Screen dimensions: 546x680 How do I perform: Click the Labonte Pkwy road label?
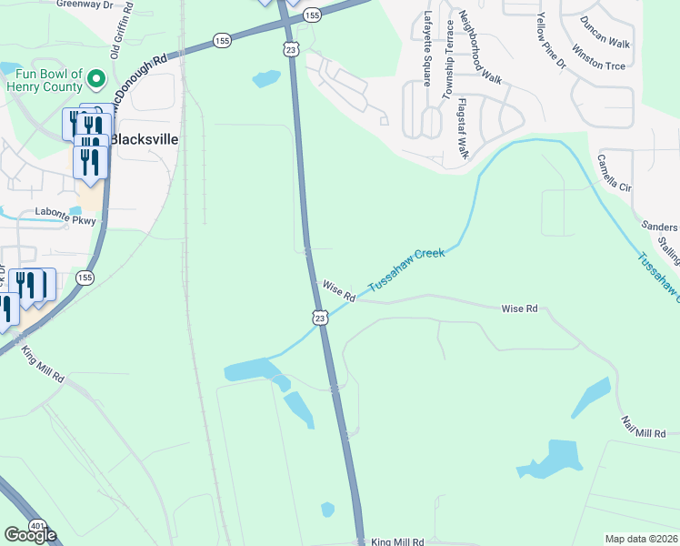click(x=65, y=212)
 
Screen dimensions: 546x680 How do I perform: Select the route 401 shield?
click(x=36, y=526)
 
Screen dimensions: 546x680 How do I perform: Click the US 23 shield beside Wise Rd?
click(x=318, y=317)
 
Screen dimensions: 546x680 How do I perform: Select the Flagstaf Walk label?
click(x=463, y=128)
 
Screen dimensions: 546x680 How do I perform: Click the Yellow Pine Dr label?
click(x=552, y=42)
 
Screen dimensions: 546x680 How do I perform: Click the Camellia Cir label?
click(x=614, y=172)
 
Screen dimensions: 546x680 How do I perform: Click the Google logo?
click(x=30, y=535)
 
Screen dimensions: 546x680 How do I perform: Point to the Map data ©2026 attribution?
click(x=641, y=539)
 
